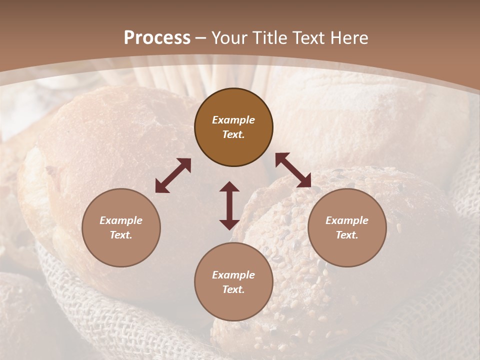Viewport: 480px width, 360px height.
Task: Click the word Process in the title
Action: pos(157,38)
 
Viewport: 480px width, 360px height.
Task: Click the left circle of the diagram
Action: pos(121,227)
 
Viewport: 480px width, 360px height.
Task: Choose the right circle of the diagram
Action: pos(347,227)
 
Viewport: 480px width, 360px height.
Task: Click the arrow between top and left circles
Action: pos(173,175)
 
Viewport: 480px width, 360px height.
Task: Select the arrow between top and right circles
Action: pos(293,170)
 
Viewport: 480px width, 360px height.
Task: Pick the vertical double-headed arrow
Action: pos(229,205)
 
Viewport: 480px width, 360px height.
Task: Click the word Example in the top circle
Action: pos(233,120)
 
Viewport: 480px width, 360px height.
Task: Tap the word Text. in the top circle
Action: pos(233,134)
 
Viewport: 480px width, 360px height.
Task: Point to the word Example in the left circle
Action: pos(121,220)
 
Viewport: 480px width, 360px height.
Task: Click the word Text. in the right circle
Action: pos(347,235)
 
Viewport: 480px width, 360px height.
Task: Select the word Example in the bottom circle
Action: pos(233,275)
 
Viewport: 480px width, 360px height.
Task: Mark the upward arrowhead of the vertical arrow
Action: pos(229,187)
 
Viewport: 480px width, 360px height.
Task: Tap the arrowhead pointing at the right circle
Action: pos(305,181)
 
